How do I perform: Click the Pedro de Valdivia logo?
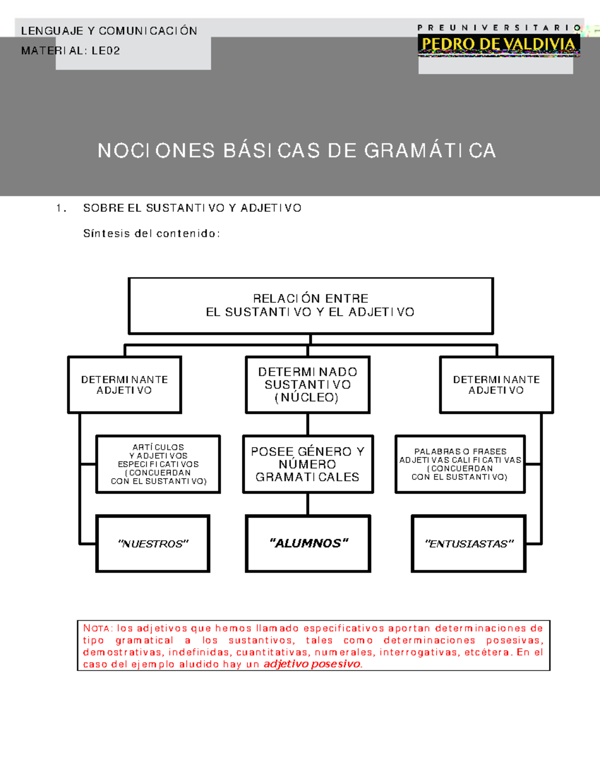pos(498,45)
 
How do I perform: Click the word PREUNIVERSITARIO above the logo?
pos(498,28)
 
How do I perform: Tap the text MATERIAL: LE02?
pos(70,50)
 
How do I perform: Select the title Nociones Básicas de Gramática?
pos(296,150)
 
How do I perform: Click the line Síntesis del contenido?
pos(151,233)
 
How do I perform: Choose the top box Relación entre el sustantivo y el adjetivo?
pos(310,305)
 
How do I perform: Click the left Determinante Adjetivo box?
pos(124,385)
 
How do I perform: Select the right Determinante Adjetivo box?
pos(496,385)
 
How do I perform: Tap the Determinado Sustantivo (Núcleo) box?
pos(307,385)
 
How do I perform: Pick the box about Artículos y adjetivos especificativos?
pos(158,464)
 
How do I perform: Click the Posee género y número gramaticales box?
pos(307,464)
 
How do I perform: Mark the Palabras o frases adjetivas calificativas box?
pos(460,464)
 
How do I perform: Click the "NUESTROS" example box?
pos(152,544)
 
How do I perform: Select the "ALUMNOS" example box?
pos(307,544)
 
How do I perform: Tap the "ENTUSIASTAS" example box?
pos(468,544)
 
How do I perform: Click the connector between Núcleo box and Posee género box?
pos(307,424)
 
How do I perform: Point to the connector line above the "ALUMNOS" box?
pos(307,504)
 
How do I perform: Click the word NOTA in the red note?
pos(97,629)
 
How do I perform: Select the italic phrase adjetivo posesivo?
pos(312,664)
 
